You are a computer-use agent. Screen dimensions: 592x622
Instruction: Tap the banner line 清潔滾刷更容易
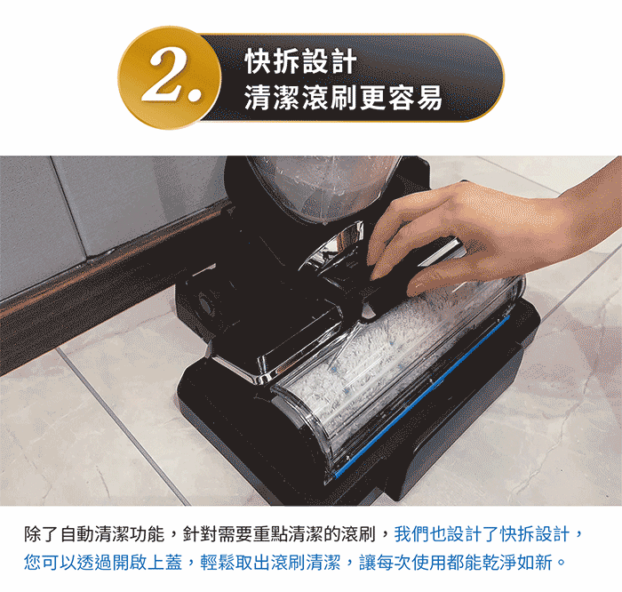343,97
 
